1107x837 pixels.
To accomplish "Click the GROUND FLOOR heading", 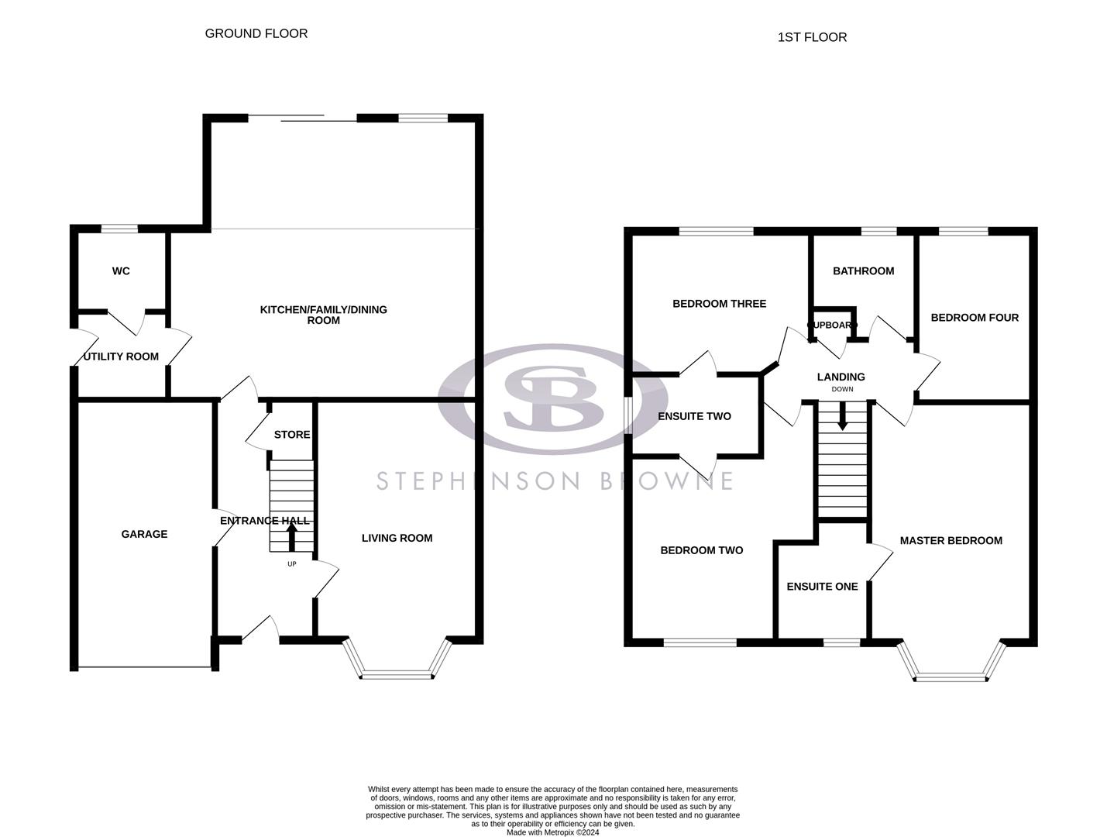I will click(x=256, y=33).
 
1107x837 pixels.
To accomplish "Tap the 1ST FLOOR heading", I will click(x=812, y=37).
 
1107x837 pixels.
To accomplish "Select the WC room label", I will click(x=121, y=271).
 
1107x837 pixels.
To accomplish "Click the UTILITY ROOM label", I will click(x=121, y=356).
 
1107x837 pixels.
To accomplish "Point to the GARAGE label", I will click(x=144, y=534).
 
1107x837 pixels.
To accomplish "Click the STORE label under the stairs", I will click(x=292, y=435).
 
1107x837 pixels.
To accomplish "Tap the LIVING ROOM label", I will click(x=397, y=538).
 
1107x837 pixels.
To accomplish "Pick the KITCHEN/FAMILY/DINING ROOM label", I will click(x=323, y=315).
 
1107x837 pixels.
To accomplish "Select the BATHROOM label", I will click(x=863, y=271).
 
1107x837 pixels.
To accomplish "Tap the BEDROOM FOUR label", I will click(x=975, y=318).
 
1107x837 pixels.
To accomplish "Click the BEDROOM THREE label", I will click(x=719, y=304).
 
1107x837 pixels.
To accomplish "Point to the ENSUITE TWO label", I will click(x=694, y=416).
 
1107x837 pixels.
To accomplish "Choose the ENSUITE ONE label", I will click(x=822, y=587).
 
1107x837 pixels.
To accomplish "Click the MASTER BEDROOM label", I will click(x=951, y=541).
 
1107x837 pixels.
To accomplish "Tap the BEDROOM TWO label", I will click(x=701, y=550).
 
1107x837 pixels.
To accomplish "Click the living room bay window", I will click(x=397, y=673).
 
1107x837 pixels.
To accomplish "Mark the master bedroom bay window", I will click(x=951, y=676).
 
